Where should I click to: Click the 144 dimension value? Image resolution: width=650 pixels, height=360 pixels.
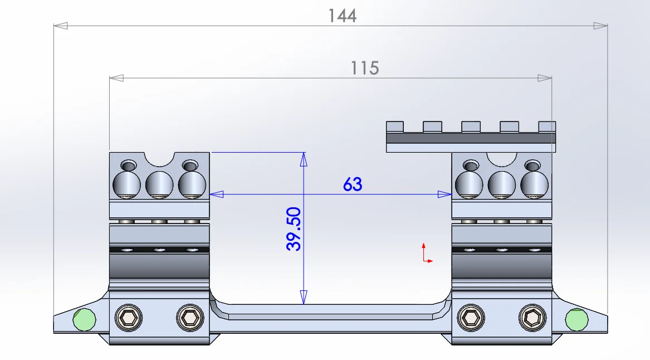[342, 16]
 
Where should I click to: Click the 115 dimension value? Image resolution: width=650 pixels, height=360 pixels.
[365, 69]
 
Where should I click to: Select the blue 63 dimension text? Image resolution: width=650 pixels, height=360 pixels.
[353, 184]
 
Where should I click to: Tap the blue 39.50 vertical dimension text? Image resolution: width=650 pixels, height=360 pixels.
[294, 229]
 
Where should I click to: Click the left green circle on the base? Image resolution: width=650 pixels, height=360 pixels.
[84, 319]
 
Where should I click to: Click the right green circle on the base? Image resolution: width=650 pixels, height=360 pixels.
[576, 319]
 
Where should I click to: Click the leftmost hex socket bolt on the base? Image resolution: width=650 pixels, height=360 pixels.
[129, 318]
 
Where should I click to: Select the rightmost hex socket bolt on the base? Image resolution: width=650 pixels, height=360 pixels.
[532, 318]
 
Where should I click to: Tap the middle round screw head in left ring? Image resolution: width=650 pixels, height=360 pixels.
[159, 184]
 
